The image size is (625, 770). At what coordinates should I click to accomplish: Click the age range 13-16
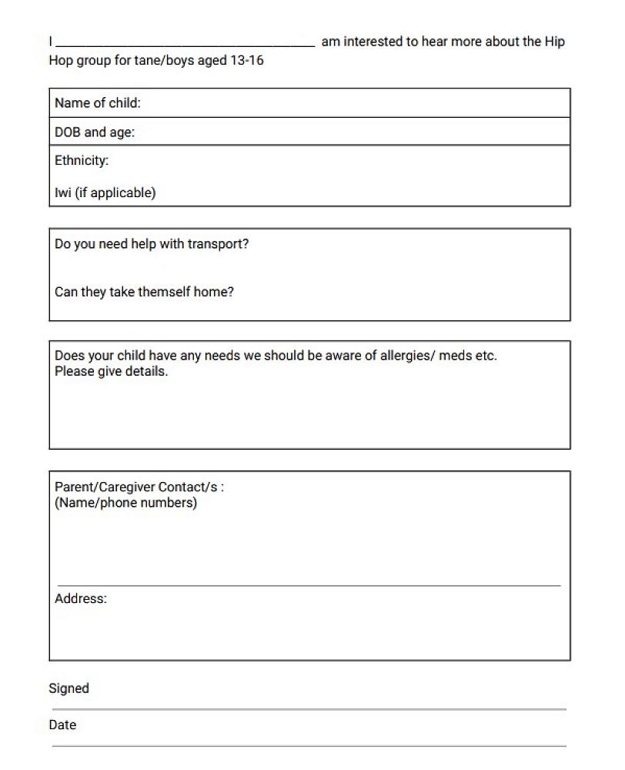pos(246,60)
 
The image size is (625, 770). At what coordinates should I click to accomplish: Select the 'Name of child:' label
pos(98,103)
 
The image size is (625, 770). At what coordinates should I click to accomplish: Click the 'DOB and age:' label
pos(95,132)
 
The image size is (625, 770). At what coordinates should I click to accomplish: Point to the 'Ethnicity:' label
pos(82,161)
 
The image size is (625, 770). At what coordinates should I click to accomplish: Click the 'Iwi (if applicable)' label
pos(105,192)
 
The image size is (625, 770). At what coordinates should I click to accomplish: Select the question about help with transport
pos(152,244)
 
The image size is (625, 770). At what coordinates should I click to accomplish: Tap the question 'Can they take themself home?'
pos(144,292)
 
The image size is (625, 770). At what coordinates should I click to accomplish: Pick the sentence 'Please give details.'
pos(111,371)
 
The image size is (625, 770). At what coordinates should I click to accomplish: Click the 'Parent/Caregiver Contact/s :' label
pos(139,487)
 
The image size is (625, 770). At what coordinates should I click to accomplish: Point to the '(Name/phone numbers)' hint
pos(125,503)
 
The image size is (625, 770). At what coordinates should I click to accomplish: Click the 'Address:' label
pos(81,598)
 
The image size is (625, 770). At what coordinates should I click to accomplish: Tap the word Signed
pos(69,688)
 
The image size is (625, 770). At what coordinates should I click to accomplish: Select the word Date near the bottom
pos(62,725)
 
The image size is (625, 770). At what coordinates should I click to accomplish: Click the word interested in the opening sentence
pos(375,42)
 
